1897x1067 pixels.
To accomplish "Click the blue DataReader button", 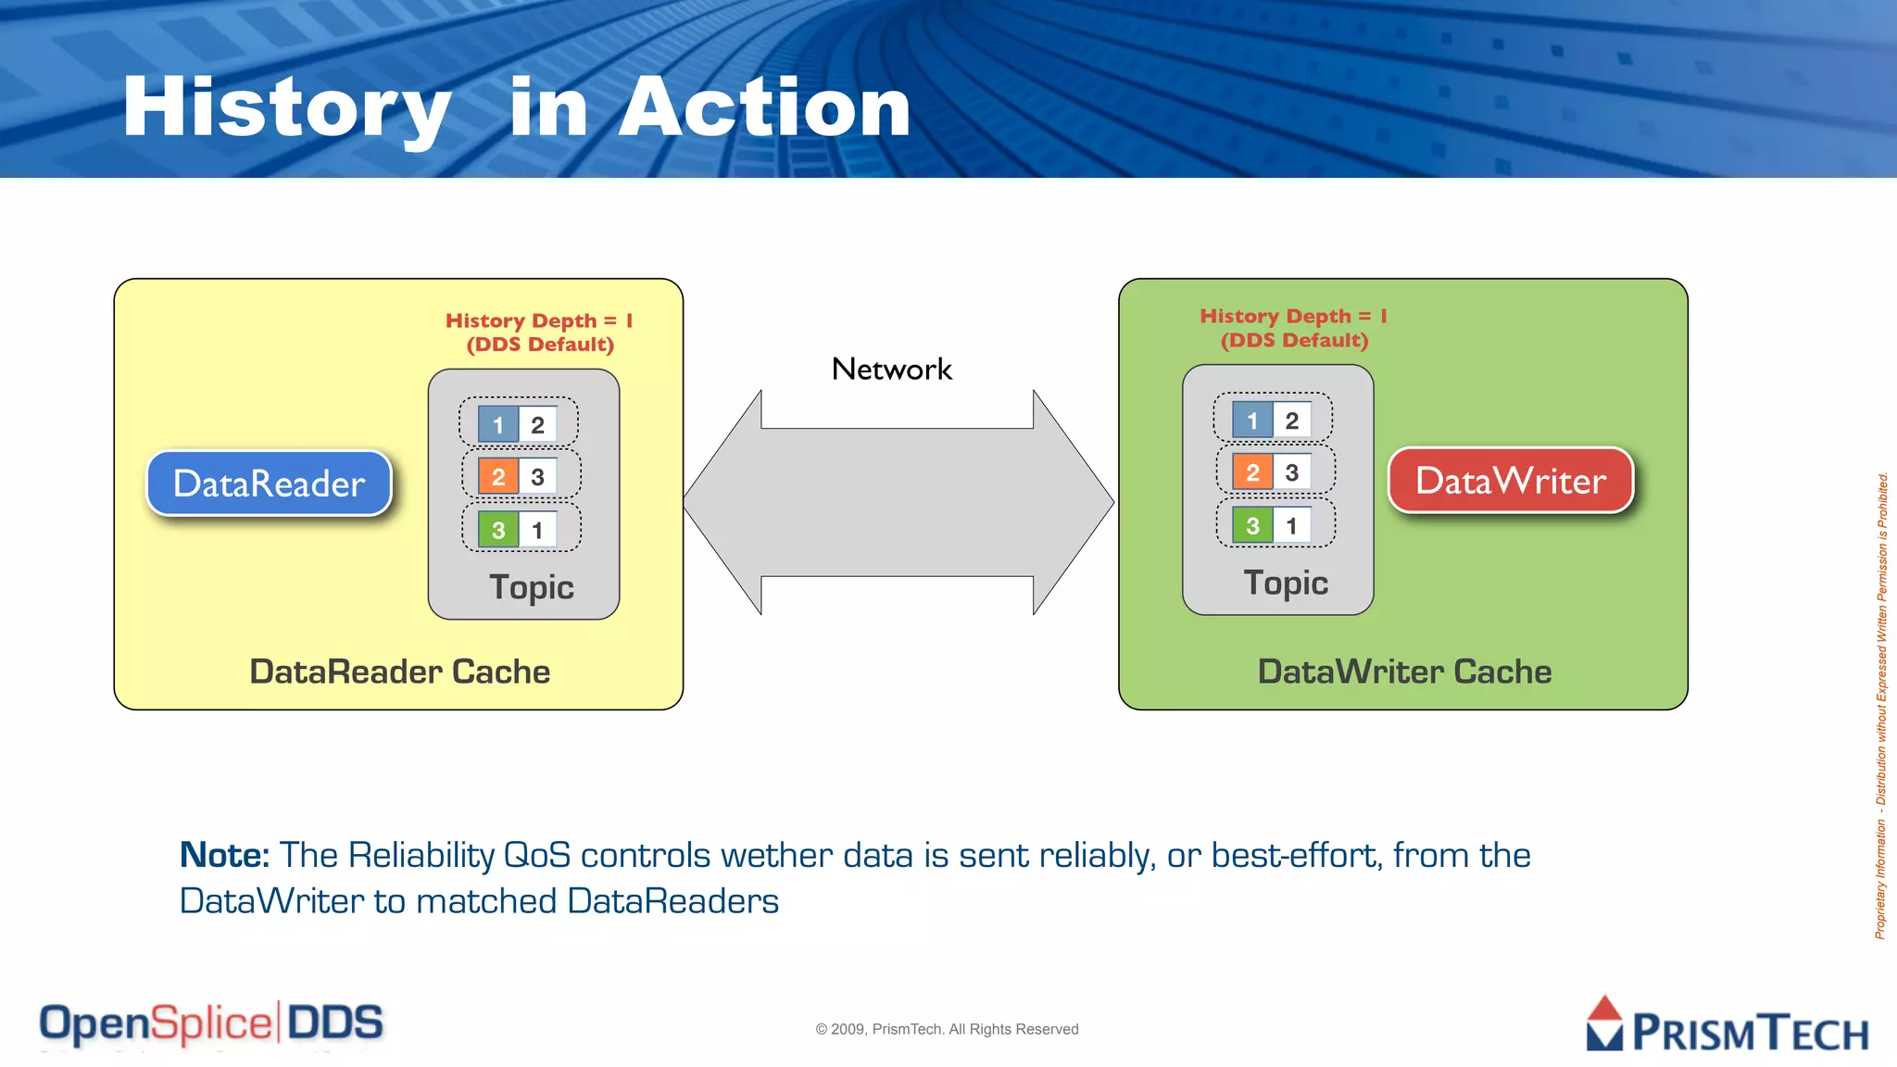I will [269, 483].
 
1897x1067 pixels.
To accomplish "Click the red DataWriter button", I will [1510, 481].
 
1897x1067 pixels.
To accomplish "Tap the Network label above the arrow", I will [891, 370].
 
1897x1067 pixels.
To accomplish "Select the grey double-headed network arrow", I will [898, 502].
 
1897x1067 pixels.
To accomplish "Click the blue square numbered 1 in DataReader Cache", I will [497, 425].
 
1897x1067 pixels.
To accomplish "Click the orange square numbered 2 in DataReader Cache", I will [497, 477].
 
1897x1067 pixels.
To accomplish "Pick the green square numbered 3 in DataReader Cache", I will [497, 530].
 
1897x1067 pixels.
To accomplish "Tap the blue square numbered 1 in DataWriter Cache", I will [1252, 421].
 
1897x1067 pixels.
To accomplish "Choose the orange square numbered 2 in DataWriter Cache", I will [1252, 472].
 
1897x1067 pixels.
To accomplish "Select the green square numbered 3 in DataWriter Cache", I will [1252, 526].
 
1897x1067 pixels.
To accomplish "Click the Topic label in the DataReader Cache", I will [532, 587].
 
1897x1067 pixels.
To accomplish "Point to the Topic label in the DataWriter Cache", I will [1286, 583].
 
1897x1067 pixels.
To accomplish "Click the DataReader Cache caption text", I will [399, 672].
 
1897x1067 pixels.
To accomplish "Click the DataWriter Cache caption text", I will [1404, 672].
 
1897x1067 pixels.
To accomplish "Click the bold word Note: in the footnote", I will [224, 855].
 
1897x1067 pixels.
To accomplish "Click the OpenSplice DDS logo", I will [211, 1023].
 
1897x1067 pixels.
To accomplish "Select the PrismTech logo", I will [1727, 1026].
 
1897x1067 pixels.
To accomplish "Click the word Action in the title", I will [764, 108].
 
